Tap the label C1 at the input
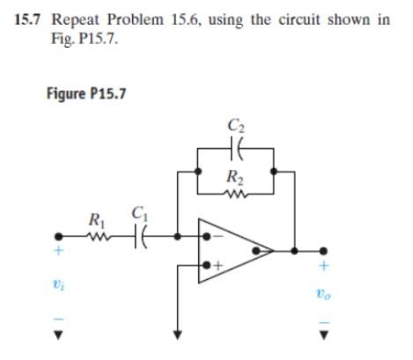138,212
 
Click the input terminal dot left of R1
60,237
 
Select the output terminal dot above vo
324,249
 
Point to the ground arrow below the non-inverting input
179,333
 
